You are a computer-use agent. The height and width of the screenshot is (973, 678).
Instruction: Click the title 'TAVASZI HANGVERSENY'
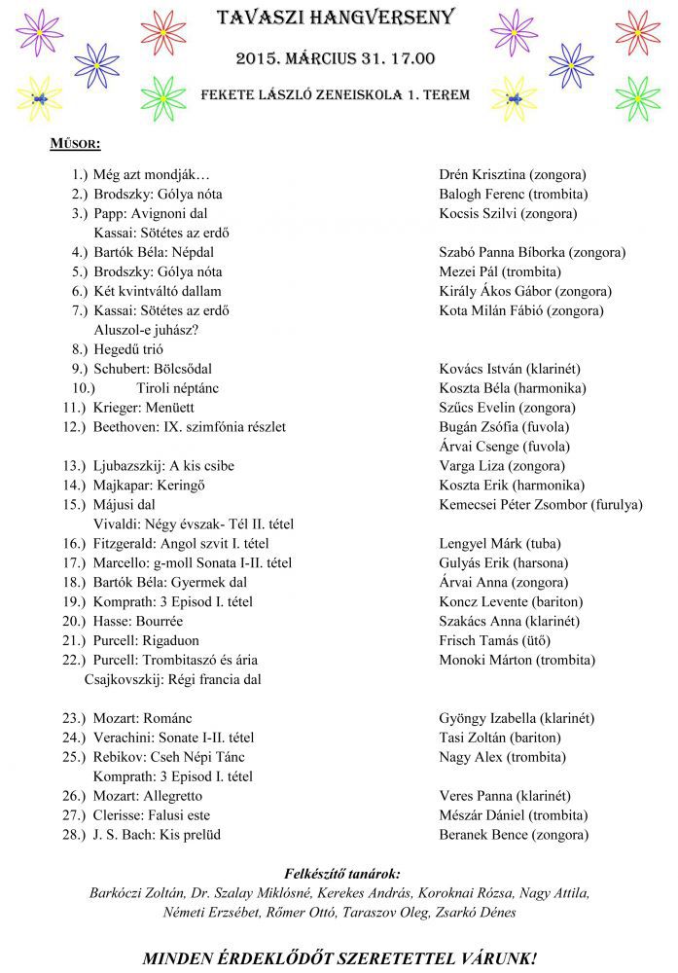pyautogui.click(x=337, y=18)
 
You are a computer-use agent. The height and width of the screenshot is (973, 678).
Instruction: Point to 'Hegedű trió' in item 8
pyautogui.click(x=128, y=349)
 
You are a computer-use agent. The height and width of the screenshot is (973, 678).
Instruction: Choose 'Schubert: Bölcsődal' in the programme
pyautogui.click(x=153, y=369)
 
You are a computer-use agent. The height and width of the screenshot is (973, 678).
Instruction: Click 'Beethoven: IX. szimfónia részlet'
pyautogui.click(x=190, y=427)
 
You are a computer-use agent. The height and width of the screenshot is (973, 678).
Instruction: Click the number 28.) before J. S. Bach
pyautogui.click(x=75, y=835)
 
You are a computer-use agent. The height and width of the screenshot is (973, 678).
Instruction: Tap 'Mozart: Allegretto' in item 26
pyautogui.click(x=149, y=796)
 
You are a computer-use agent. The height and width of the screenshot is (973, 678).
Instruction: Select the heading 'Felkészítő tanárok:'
pyautogui.click(x=341, y=873)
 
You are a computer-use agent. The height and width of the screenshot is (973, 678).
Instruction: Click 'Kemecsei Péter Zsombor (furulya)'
pyautogui.click(x=541, y=505)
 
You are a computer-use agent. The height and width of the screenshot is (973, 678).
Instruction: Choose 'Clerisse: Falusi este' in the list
pyautogui.click(x=152, y=815)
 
